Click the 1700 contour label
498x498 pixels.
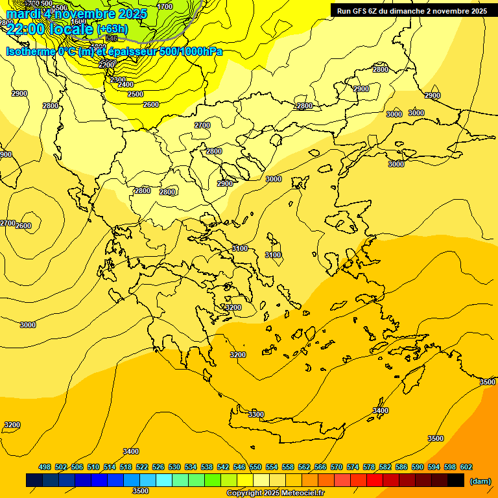(x=165, y=6)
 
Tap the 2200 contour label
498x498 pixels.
(x=107, y=65)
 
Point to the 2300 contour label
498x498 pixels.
(x=117, y=80)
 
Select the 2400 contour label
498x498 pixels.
(x=126, y=85)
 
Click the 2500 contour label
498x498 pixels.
(x=136, y=95)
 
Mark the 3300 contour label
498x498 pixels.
(x=256, y=414)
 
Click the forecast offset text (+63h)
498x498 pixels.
(x=113, y=29)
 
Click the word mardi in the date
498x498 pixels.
(x=24, y=14)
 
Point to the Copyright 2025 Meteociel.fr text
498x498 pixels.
(x=275, y=493)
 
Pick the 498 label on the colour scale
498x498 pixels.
(x=45, y=468)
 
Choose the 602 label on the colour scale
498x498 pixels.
(x=466, y=468)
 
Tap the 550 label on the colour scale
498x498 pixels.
(x=255, y=468)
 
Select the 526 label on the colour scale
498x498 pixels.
(x=158, y=468)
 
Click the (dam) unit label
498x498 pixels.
(x=480, y=481)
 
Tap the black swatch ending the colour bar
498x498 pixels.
(x=456, y=480)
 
